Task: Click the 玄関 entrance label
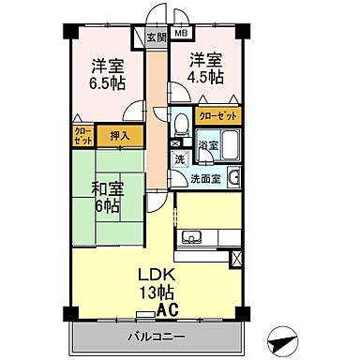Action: pyautogui.click(x=156, y=37)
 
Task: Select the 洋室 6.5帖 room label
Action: pyautogui.click(x=105, y=75)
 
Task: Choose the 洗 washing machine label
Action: pyautogui.click(x=179, y=159)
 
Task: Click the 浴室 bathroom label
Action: pyautogui.click(x=208, y=146)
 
